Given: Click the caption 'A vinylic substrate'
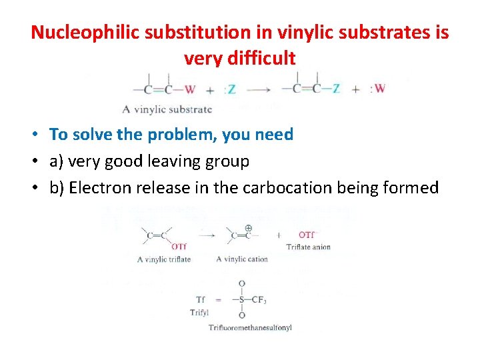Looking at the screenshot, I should [x=167, y=109].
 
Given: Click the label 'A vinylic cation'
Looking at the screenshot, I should [x=242, y=259].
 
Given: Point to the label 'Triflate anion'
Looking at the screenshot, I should [x=309, y=247].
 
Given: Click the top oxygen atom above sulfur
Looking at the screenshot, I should [x=241, y=284].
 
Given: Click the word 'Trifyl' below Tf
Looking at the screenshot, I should [x=199, y=312].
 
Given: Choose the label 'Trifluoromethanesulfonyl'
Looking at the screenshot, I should [x=250, y=327].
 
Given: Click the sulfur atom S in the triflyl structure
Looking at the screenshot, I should [x=241, y=299].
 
